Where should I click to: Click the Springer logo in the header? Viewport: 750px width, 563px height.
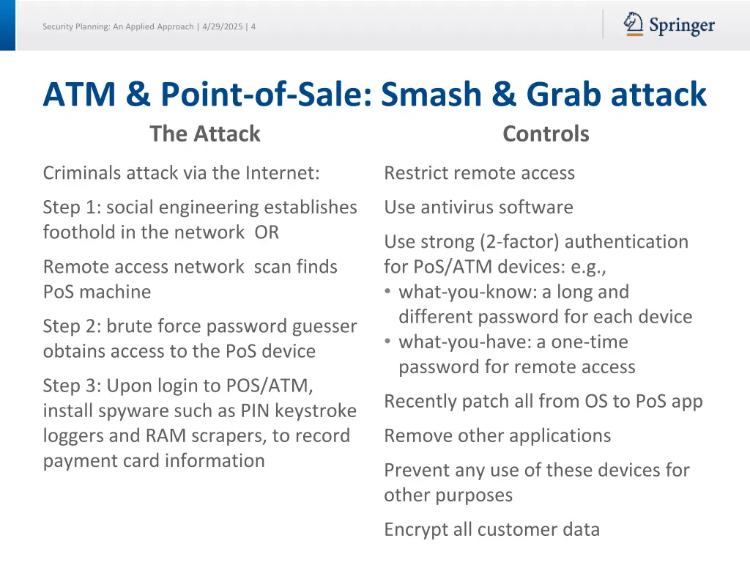(669, 25)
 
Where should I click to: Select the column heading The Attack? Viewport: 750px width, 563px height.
(205, 134)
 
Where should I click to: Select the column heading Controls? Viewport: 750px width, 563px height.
(546, 134)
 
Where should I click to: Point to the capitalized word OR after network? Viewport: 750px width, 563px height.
(267, 232)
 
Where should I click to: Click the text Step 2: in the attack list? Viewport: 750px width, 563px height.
(72, 326)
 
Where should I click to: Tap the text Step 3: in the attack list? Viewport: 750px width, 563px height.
(72, 386)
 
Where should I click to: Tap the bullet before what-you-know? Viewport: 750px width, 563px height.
(388, 292)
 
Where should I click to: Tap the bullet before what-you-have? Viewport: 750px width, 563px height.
(388, 342)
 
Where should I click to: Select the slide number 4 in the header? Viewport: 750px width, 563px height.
(253, 27)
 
